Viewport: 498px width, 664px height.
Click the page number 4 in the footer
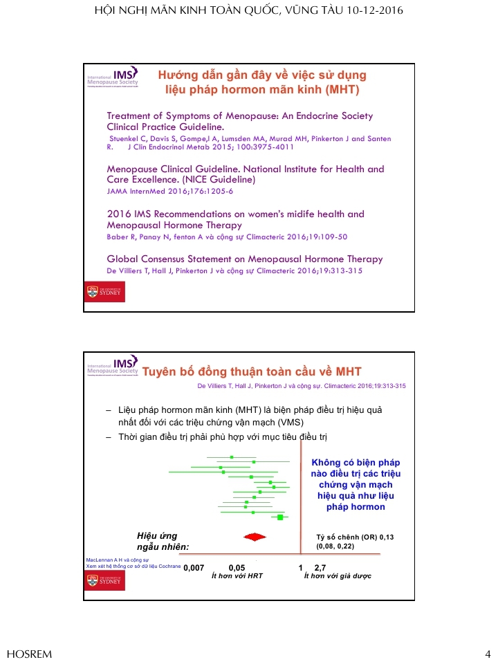click(x=487, y=654)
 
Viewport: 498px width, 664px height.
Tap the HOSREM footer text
click(x=29, y=654)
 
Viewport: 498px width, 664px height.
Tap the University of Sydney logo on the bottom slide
click(x=105, y=581)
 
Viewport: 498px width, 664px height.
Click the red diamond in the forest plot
click(x=255, y=537)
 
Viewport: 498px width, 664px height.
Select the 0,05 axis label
click(x=237, y=567)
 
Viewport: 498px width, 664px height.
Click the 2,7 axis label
click(x=320, y=567)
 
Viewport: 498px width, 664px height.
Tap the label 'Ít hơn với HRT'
click(x=237, y=575)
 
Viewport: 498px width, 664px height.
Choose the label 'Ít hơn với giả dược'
click(x=338, y=575)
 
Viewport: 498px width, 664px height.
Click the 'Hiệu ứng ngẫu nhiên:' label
click(x=163, y=542)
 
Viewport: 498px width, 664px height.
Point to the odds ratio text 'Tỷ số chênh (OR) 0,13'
click(x=355, y=537)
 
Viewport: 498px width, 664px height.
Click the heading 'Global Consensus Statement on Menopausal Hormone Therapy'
click(x=244, y=259)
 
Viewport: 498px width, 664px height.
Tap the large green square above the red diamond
click(x=280, y=517)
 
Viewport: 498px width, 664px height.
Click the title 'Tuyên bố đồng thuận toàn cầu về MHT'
click(x=252, y=371)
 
